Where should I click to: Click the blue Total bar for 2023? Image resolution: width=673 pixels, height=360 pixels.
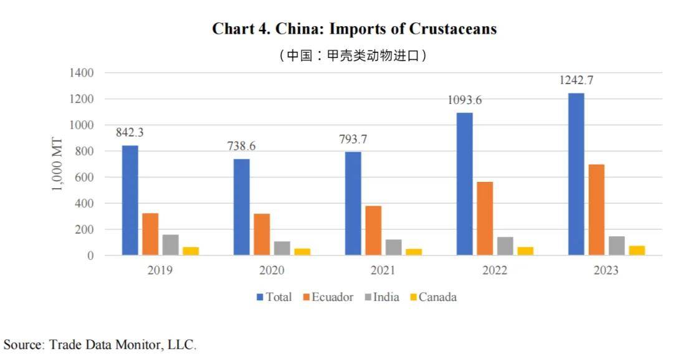(576, 174)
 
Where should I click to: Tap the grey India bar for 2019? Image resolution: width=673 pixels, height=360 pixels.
(170, 245)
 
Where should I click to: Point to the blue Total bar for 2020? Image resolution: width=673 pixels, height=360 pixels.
(241, 207)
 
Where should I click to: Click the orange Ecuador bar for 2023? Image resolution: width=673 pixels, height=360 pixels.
(596, 210)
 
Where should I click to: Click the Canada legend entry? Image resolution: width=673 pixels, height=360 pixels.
(437, 297)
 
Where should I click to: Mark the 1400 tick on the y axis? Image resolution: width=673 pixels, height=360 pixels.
(81, 73)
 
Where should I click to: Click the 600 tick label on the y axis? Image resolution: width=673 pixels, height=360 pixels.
(84, 178)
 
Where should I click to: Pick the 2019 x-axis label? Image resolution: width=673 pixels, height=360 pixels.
(160, 270)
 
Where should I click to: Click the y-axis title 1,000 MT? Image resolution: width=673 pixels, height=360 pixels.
(57, 164)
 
